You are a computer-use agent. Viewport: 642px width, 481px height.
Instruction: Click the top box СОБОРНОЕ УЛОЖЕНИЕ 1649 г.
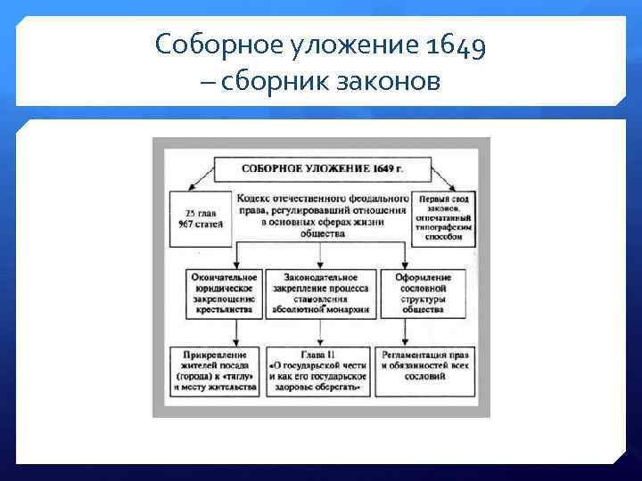coord(321,167)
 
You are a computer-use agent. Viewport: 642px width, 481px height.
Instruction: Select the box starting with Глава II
coord(318,371)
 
